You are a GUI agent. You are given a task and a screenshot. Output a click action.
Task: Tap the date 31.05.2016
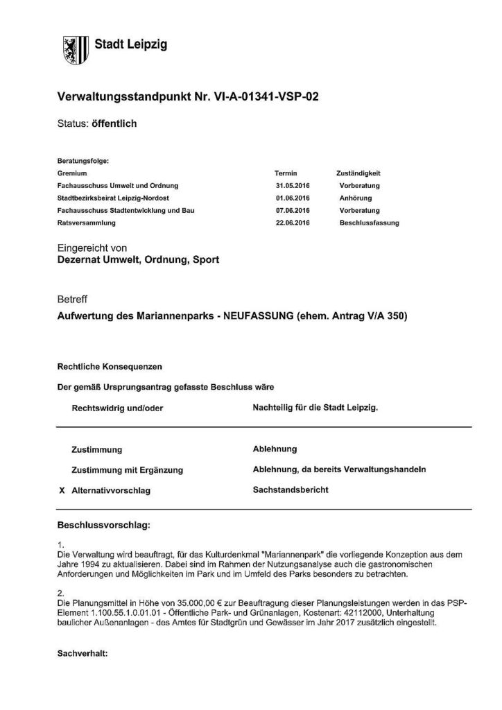pyautogui.click(x=292, y=186)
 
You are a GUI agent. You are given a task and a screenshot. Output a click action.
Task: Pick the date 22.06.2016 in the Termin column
pyautogui.click(x=292, y=223)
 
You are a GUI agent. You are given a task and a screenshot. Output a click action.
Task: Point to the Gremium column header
pyautogui.click(x=73, y=173)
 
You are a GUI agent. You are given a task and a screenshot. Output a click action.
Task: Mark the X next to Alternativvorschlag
pyautogui.click(x=62, y=490)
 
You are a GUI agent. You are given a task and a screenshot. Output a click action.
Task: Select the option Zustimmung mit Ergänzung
pyautogui.click(x=127, y=470)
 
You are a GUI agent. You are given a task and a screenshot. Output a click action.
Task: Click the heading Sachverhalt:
pyautogui.click(x=84, y=652)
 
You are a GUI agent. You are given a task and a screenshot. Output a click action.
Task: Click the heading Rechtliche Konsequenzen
pyautogui.click(x=110, y=365)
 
